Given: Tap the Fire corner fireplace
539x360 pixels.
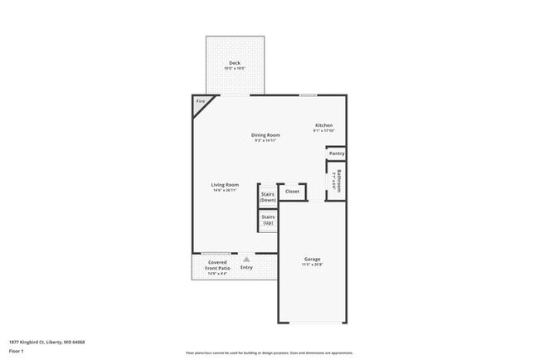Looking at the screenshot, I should pyautogui.click(x=200, y=103).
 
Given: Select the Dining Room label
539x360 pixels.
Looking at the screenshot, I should pyautogui.click(x=266, y=135).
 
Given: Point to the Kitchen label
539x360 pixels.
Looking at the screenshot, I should pyautogui.click(x=323, y=125).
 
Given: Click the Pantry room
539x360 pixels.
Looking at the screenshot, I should pyautogui.click(x=336, y=153).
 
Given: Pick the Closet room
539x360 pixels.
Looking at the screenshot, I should pyautogui.click(x=292, y=192).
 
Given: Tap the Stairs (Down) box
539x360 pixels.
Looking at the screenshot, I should pyautogui.click(x=268, y=197).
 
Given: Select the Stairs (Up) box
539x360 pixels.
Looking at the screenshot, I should pyautogui.click(x=268, y=221).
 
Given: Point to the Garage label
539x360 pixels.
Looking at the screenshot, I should pyautogui.click(x=312, y=260).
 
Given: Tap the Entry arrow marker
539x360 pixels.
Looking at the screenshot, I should pyautogui.click(x=246, y=259).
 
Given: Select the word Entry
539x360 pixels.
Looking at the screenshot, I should pyautogui.click(x=246, y=267).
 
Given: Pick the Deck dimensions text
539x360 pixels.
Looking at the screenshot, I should pyautogui.click(x=236, y=69).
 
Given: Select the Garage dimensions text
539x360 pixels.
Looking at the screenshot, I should pyautogui.click(x=312, y=265).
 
